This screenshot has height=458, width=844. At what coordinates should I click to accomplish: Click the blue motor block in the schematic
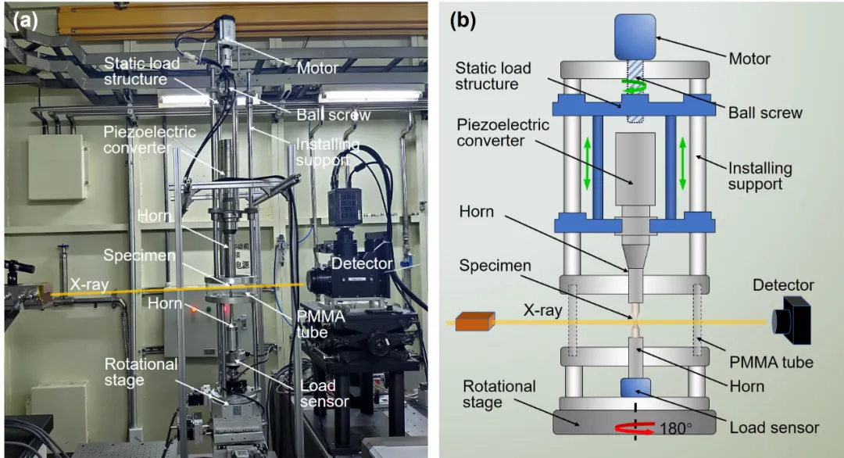[635, 37]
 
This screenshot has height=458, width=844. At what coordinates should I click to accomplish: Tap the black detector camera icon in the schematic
[791, 320]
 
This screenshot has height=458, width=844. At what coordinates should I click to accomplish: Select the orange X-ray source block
[475, 321]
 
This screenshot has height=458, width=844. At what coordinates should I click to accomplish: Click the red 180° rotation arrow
[635, 428]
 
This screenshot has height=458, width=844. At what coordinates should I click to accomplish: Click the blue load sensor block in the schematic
[635, 388]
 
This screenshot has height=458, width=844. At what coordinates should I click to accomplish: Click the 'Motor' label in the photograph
[317, 68]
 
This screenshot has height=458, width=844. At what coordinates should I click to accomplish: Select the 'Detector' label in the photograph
[362, 263]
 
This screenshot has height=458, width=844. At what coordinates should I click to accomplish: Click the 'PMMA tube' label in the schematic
[771, 362]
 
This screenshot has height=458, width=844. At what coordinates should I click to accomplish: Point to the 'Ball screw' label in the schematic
[765, 113]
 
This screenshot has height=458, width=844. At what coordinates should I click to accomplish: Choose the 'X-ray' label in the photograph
[89, 284]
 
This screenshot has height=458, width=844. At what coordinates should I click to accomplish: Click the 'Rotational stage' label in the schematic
[499, 394]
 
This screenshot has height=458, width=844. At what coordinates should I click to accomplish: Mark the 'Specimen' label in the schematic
[495, 265]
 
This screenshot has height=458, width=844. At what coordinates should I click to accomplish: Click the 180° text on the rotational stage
[675, 428]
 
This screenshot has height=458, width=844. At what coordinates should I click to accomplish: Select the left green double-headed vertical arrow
[587, 163]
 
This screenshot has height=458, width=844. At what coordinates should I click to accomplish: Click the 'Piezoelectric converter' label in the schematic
[502, 132]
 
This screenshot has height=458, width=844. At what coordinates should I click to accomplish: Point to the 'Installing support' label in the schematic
[760, 176]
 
